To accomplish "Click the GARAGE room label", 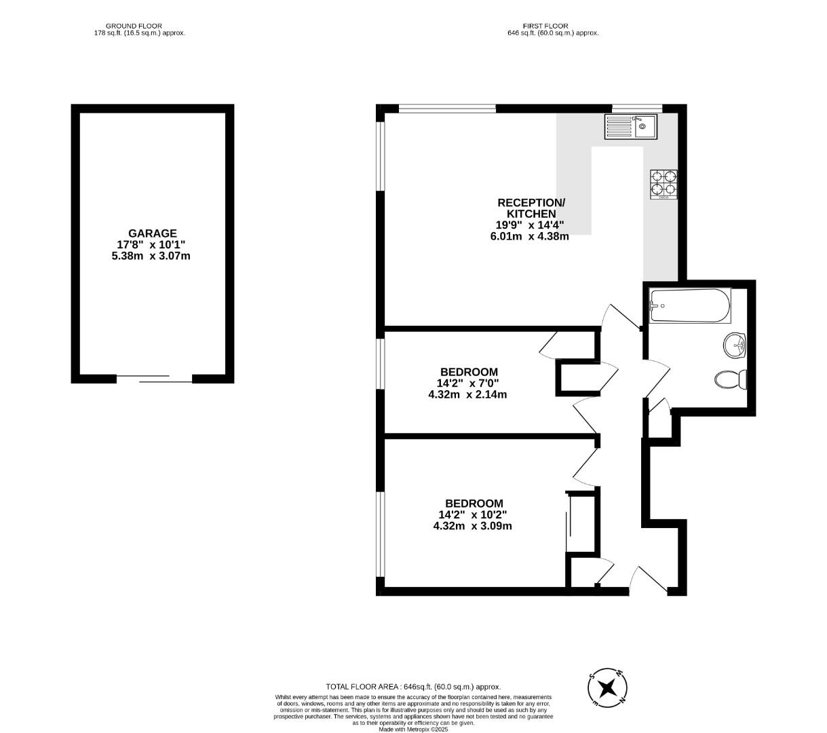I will click(x=153, y=233).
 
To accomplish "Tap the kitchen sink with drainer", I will click(x=631, y=127).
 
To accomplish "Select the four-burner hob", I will click(x=664, y=184).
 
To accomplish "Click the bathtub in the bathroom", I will click(x=690, y=306).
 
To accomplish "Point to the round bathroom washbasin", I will click(x=735, y=345).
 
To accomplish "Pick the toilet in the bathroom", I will click(x=731, y=379).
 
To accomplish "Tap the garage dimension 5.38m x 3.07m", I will click(x=153, y=256).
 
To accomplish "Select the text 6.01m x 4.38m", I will click(x=530, y=236).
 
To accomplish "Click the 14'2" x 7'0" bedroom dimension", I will click(x=469, y=383).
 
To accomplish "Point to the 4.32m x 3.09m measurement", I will click(x=472, y=525).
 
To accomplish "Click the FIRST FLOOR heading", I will click(x=545, y=26).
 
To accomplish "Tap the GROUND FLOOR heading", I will click(x=138, y=26).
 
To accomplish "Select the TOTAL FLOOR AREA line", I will click(x=413, y=687).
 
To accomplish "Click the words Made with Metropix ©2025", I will click(x=413, y=730).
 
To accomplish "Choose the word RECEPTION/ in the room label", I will click(x=531, y=203).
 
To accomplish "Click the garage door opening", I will click(x=154, y=379).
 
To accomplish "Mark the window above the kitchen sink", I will click(x=637, y=108).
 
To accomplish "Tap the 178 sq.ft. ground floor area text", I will click(x=139, y=33).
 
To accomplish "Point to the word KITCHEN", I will click(x=531, y=214).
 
